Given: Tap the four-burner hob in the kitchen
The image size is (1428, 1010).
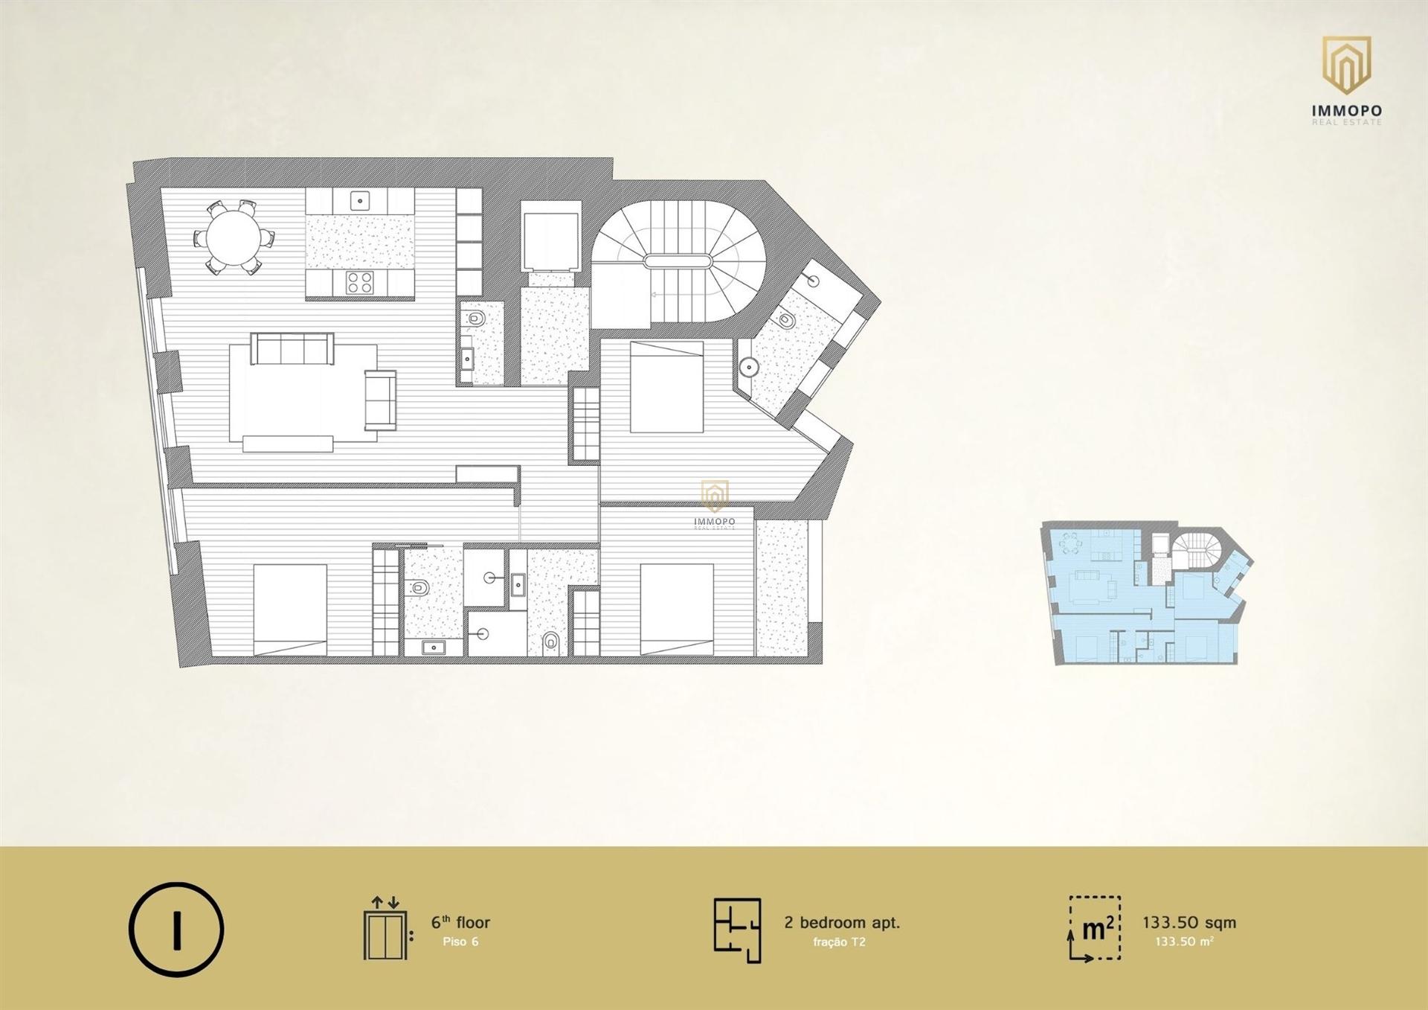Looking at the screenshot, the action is [x=360, y=282].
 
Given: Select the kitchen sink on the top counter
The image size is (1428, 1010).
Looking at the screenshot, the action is [x=360, y=200].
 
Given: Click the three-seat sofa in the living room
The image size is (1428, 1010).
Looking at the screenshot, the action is [x=292, y=348].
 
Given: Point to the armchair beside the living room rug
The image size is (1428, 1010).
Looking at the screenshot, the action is [x=380, y=400].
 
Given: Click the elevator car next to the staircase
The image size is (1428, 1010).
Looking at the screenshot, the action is [x=550, y=242].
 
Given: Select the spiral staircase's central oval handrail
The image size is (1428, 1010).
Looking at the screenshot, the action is [x=678, y=261].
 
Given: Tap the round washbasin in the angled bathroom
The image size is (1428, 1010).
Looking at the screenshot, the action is [x=749, y=367].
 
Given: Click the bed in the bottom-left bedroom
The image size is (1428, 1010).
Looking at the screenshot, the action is [x=290, y=610].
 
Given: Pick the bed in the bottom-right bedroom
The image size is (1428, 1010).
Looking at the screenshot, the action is [x=677, y=610].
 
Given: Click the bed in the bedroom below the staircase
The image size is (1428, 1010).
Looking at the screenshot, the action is [x=666, y=386].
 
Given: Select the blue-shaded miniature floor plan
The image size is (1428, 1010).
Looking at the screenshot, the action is [x=1146, y=593].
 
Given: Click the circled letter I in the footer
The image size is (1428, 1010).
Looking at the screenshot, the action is [x=176, y=929].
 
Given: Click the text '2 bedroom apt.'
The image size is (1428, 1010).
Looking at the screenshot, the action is [x=842, y=922].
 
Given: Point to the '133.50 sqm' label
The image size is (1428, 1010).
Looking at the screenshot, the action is [x=1189, y=922].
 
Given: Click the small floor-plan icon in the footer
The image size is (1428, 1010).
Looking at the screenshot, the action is [x=738, y=930].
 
